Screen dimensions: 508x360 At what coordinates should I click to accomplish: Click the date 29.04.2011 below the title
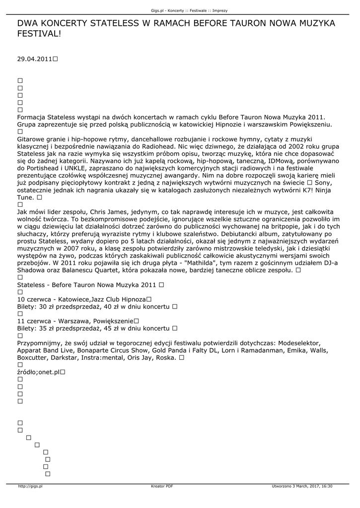34,59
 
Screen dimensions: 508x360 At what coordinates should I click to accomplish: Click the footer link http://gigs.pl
30,486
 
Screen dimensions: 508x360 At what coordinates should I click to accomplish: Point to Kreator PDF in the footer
162,486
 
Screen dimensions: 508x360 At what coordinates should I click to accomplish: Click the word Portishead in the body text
46,168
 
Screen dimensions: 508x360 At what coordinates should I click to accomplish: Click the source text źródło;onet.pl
38,372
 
